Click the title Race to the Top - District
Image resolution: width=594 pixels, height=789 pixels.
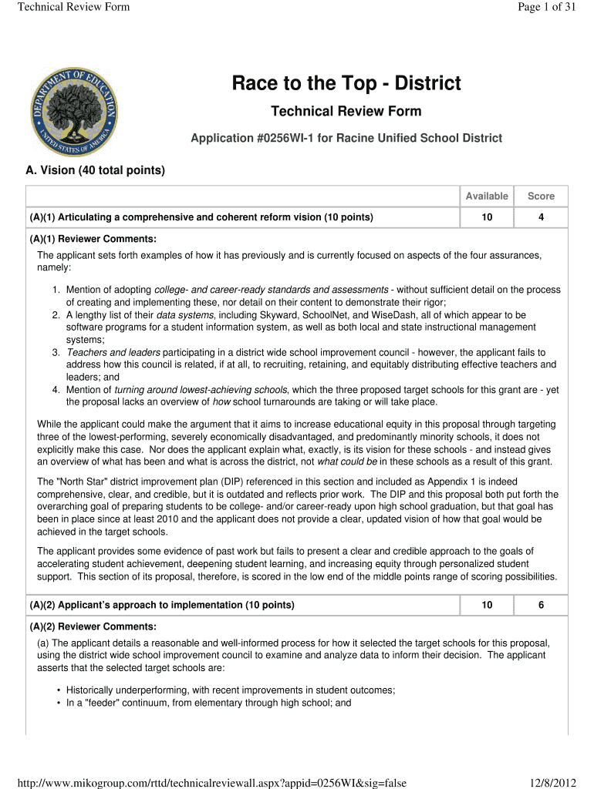click(346, 83)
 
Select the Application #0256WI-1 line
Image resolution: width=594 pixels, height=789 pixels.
click(346, 138)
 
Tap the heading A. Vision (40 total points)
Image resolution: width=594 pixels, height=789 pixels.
click(96, 170)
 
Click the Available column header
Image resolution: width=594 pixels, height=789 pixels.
click(487, 196)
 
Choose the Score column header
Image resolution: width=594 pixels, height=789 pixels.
click(541, 196)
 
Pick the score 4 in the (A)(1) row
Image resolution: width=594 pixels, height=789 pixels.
click(541, 217)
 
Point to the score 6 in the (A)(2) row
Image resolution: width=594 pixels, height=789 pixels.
click(541, 605)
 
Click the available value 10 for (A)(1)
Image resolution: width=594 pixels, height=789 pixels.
click(487, 217)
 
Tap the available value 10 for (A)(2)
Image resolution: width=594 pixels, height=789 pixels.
click(487, 605)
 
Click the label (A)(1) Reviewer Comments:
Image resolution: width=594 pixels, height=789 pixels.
click(93, 239)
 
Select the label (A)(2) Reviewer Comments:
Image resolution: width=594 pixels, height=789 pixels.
click(93, 626)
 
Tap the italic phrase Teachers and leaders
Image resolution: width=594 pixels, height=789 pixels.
click(105, 352)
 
